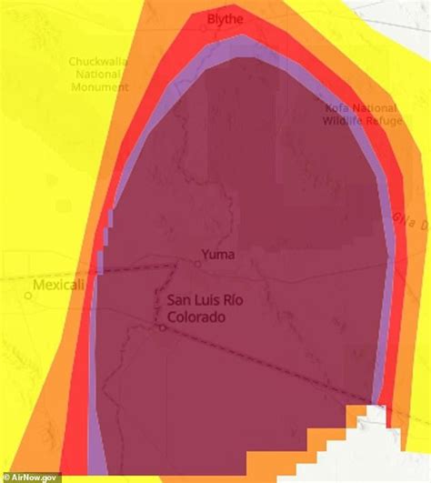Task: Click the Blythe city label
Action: [x=226, y=18]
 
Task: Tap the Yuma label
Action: [x=217, y=255]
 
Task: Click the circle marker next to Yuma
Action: [x=197, y=264]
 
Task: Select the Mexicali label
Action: [x=58, y=285]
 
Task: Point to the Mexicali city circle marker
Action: [x=28, y=295]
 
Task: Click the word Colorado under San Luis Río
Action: [x=195, y=317]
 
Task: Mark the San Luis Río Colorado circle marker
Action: [x=162, y=327]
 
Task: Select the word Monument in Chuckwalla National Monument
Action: [x=99, y=87]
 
